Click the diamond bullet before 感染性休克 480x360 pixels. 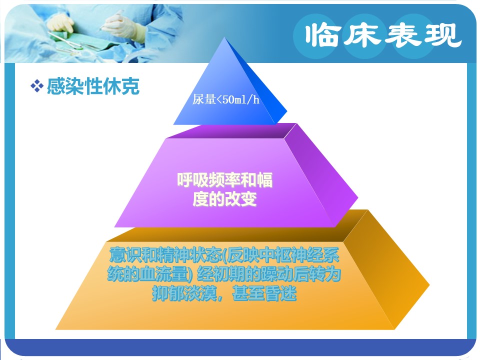coord(36,86)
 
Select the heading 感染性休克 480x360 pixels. coord(93,86)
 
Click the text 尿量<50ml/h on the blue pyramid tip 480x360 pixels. coord(225,99)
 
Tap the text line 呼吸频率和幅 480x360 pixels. coord(224,179)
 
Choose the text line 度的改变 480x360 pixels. coord(224,198)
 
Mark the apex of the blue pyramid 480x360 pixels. coord(224,37)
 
